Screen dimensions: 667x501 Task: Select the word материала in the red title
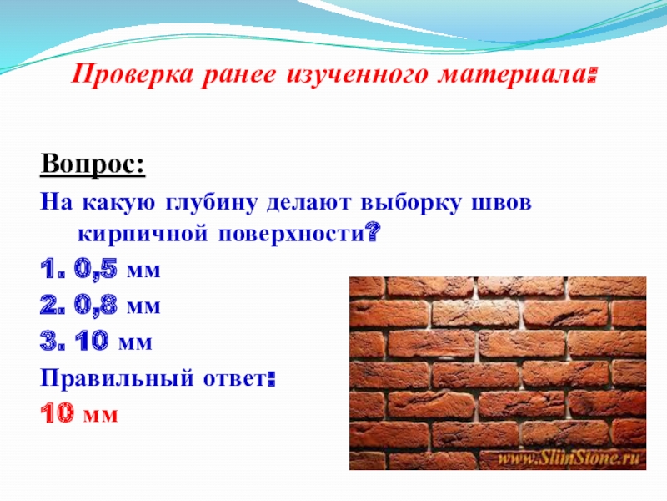(514, 75)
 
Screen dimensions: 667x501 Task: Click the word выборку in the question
(410, 203)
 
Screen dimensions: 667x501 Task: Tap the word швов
(502, 203)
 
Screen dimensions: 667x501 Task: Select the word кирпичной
(143, 235)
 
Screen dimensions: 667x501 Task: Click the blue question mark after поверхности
(373, 234)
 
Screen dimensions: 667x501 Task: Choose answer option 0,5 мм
(117, 269)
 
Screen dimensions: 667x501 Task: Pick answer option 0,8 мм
(117, 305)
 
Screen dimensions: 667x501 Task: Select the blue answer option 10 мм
(113, 341)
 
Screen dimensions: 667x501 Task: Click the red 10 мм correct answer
(78, 413)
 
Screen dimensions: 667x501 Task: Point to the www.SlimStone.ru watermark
(569, 458)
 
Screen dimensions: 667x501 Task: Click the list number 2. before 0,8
(53, 306)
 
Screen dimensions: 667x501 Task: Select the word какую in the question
(118, 203)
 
